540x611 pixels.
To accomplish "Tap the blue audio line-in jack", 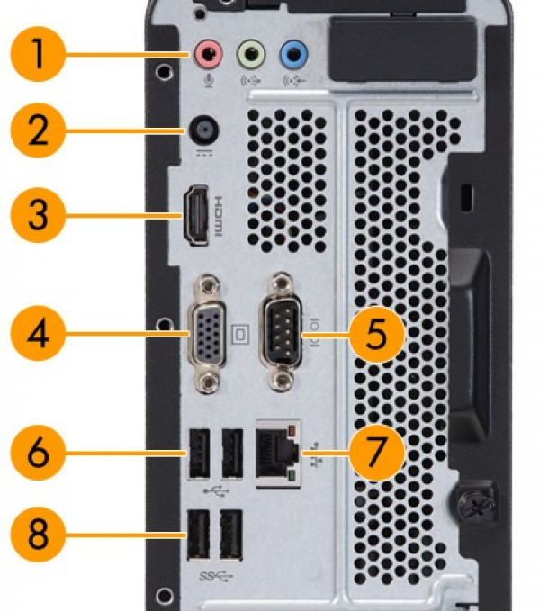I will click(x=292, y=55).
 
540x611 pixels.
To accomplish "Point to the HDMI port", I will click(x=195, y=216).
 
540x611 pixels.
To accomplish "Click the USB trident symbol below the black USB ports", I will click(x=214, y=491).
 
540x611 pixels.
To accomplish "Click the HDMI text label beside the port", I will click(x=217, y=216).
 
